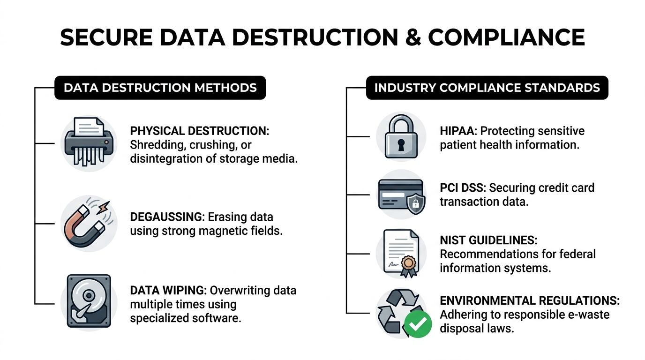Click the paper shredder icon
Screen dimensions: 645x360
[x=89, y=142]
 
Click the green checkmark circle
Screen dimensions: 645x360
[x=418, y=324]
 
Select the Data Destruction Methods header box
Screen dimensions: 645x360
[x=160, y=88]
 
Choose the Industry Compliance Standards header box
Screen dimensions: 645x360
[x=487, y=88]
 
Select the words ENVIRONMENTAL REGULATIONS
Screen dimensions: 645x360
[x=529, y=300]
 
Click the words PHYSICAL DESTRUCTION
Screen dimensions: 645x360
[x=199, y=131]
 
